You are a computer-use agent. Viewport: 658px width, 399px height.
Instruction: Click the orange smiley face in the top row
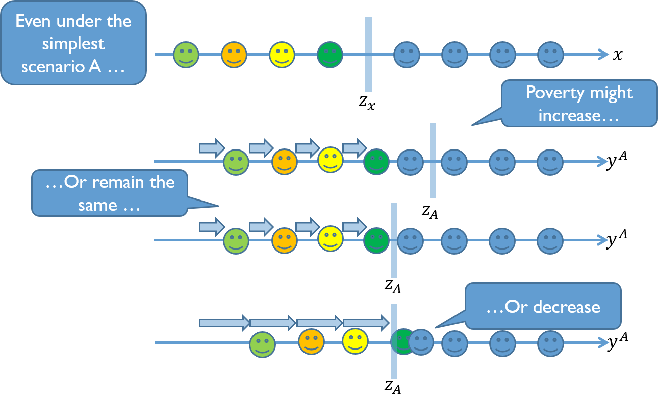[234, 55]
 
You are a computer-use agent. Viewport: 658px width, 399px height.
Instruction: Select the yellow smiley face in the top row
[282, 55]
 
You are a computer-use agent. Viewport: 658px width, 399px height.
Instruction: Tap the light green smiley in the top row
[186, 55]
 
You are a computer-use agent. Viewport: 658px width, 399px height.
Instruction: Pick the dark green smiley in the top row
[330, 55]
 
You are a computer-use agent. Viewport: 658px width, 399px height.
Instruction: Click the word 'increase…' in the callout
[570, 115]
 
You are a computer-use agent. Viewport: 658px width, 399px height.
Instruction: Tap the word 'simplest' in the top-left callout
[73, 44]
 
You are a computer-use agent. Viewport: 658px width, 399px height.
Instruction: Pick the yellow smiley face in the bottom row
[355, 341]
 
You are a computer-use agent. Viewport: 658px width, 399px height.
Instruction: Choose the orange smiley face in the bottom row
[311, 342]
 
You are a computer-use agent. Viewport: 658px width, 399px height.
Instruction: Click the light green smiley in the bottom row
[263, 344]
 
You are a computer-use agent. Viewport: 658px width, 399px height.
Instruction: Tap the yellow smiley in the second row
[330, 159]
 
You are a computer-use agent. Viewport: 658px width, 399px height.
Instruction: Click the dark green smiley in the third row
[376, 240]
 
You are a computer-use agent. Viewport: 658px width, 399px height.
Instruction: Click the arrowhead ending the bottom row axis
[603, 343]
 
